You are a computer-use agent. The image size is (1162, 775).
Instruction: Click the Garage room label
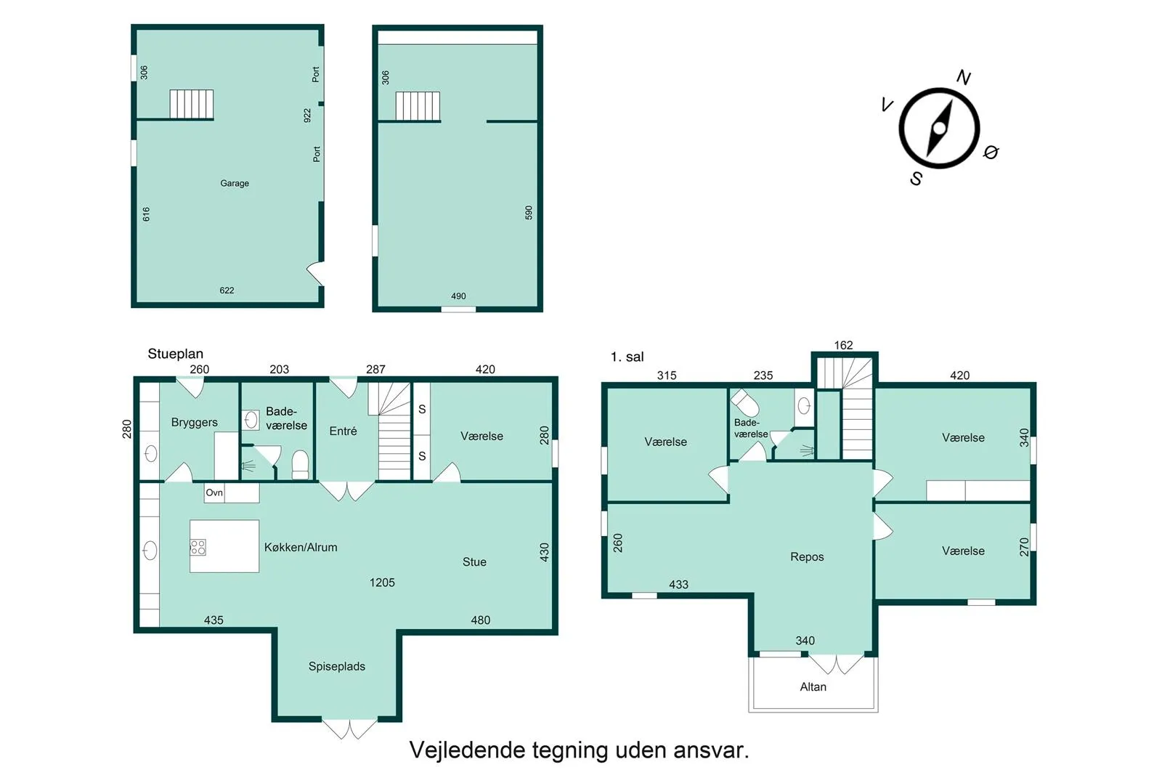click(x=235, y=183)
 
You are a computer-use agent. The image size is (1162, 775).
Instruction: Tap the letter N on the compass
click(x=963, y=77)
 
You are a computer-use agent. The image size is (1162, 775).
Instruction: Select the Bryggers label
click(x=195, y=422)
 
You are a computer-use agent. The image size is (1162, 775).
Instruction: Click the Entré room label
click(x=344, y=431)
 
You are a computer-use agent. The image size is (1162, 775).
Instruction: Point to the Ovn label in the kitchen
click(x=214, y=492)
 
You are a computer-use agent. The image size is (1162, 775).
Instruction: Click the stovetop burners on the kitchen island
click(x=198, y=547)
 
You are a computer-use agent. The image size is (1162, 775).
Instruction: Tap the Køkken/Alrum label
click(x=301, y=547)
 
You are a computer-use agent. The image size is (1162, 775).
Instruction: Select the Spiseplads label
click(x=337, y=666)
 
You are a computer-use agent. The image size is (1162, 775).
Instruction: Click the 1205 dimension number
click(x=382, y=583)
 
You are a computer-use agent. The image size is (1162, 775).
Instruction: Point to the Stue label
click(x=475, y=561)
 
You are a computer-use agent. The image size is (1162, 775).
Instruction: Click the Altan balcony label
click(x=813, y=687)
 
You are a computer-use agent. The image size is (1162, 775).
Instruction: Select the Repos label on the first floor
click(x=807, y=556)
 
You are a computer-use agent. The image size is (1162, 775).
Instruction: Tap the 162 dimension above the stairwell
click(x=843, y=345)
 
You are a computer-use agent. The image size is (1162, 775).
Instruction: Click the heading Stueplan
click(x=175, y=354)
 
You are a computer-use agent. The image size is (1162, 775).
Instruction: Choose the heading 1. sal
click(x=627, y=357)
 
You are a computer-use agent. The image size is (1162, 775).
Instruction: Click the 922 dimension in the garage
click(x=307, y=115)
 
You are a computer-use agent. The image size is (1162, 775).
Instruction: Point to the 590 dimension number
click(x=529, y=213)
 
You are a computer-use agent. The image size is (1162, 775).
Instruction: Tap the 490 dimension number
click(x=458, y=296)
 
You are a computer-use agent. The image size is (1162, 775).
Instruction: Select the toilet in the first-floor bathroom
click(x=745, y=402)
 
